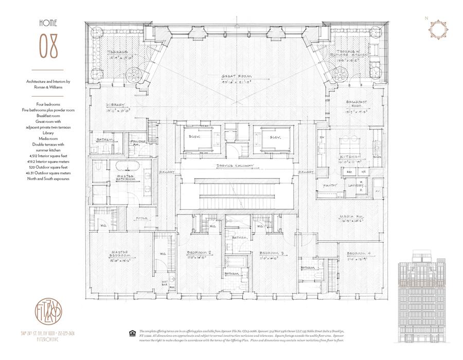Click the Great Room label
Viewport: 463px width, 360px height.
pos(235,76)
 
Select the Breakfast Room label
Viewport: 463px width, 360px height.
pos(355,102)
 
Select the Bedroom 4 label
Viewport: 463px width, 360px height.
pos(359,253)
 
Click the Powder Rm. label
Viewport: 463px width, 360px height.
pos(138,142)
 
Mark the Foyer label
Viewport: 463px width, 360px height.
pos(141,218)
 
